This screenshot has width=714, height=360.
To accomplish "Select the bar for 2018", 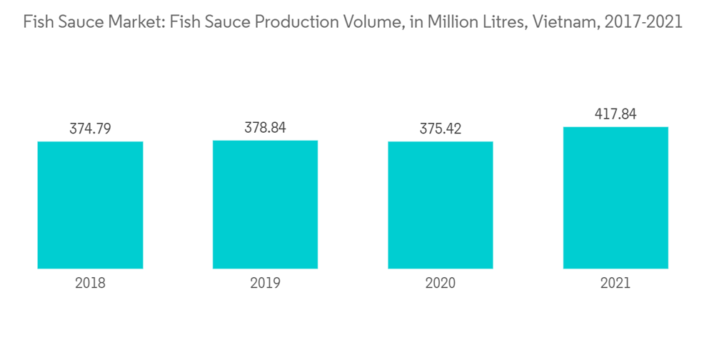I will (x=90, y=205).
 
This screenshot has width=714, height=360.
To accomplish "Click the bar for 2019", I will (x=265, y=204).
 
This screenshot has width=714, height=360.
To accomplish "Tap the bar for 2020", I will (x=440, y=205).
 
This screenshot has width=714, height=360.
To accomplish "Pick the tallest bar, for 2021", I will (x=615, y=198).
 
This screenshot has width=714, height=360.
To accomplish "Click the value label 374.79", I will (x=90, y=129).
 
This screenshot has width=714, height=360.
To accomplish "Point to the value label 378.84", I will (x=265, y=129).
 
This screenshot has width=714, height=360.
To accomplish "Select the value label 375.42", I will (x=440, y=129).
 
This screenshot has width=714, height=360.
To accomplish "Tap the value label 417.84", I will (x=615, y=114).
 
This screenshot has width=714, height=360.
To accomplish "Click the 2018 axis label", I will (x=90, y=283).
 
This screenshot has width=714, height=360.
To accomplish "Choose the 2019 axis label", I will (x=265, y=283).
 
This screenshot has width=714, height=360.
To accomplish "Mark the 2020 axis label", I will (x=440, y=283).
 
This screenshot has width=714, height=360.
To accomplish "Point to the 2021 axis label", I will (x=615, y=283).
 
